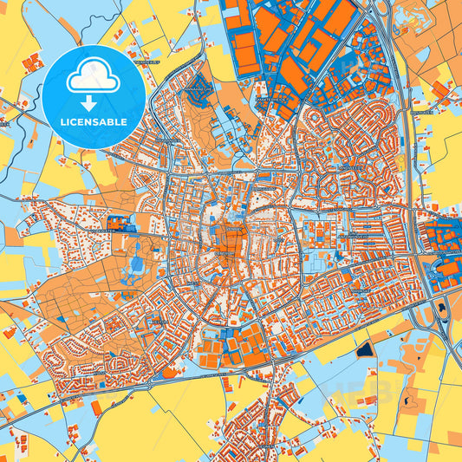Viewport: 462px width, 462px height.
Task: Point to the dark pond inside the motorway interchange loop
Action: pyautogui.click(x=443, y=305)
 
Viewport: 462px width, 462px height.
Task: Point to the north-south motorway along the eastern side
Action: pyautogui.click(x=407, y=173)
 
